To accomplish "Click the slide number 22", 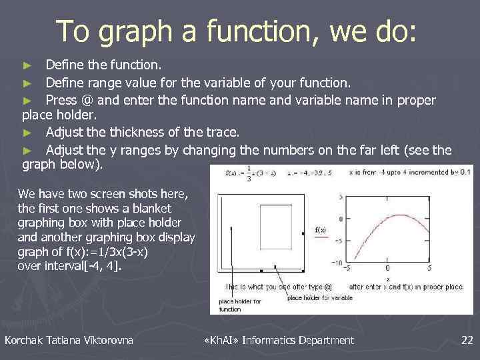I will [x=467, y=341].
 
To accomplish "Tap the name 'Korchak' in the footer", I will [x=24, y=341].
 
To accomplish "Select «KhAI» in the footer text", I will [x=219, y=341].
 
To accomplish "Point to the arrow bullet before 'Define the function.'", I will [x=27, y=66].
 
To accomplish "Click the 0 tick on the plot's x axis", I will [x=387, y=269].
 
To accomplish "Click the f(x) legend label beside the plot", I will [x=321, y=231].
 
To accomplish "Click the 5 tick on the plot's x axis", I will [x=429, y=269].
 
